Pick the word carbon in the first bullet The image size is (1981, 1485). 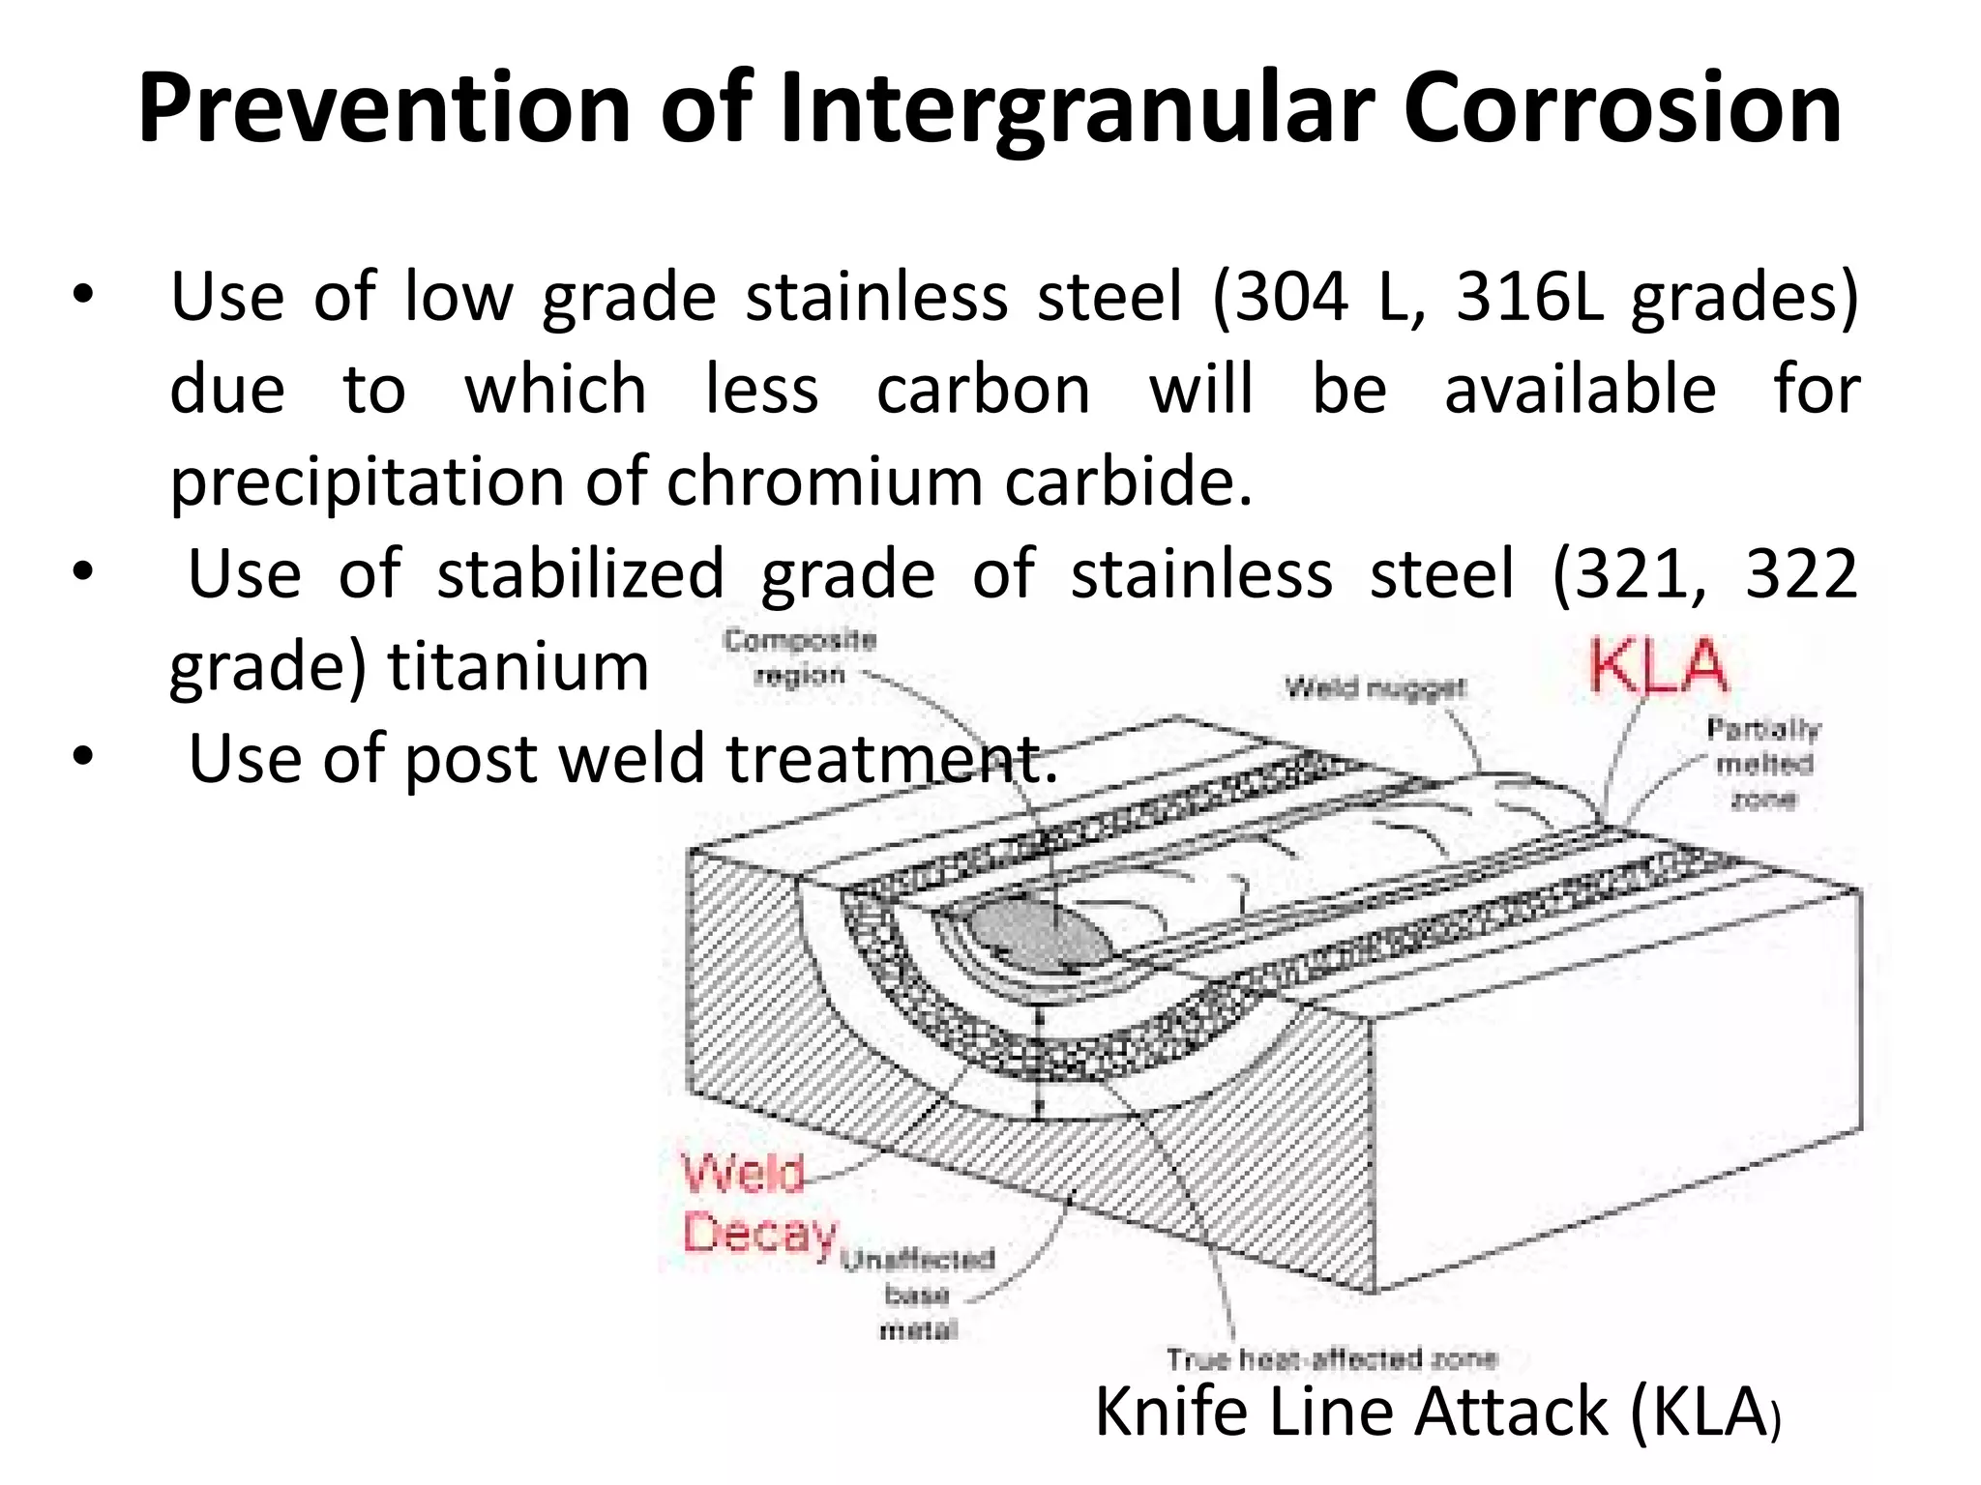(x=983, y=390)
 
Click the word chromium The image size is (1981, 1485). (x=824, y=481)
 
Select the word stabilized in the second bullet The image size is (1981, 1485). (x=580, y=574)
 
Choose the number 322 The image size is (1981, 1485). (x=1801, y=574)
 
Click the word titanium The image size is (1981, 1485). (x=517, y=667)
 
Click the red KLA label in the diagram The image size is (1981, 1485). (x=1658, y=667)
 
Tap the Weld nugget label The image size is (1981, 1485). (x=1375, y=688)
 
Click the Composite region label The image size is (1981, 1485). (x=800, y=657)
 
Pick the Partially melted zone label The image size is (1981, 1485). (x=1762, y=764)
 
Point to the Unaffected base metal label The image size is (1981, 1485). (x=917, y=1295)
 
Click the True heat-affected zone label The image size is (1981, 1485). (x=1331, y=1359)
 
